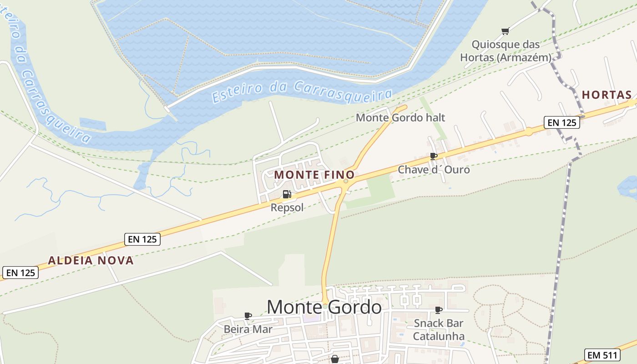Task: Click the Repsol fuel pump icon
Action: tap(287, 194)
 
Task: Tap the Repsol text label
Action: tap(287, 207)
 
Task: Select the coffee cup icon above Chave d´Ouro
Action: tap(434, 156)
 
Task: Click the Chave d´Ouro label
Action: tap(434, 170)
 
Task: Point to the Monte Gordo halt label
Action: tap(400, 117)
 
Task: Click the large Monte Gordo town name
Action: tap(324, 307)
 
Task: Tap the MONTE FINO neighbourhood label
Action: tap(314, 175)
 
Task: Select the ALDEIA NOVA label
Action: tap(91, 261)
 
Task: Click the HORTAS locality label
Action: tap(607, 95)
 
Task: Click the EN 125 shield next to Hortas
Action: tap(562, 122)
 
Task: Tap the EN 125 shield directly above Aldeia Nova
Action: tap(142, 239)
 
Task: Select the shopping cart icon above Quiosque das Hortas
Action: tap(505, 31)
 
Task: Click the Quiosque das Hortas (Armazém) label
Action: tap(506, 51)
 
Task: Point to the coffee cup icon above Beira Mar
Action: tap(248, 315)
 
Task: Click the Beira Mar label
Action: tap(248, 329)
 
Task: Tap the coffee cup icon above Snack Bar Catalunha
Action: tap(439, 310)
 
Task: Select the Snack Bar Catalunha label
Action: tap(439, 330)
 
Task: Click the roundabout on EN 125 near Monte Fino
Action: tap(346, 181)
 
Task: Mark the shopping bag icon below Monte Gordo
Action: tap(335, 359)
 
